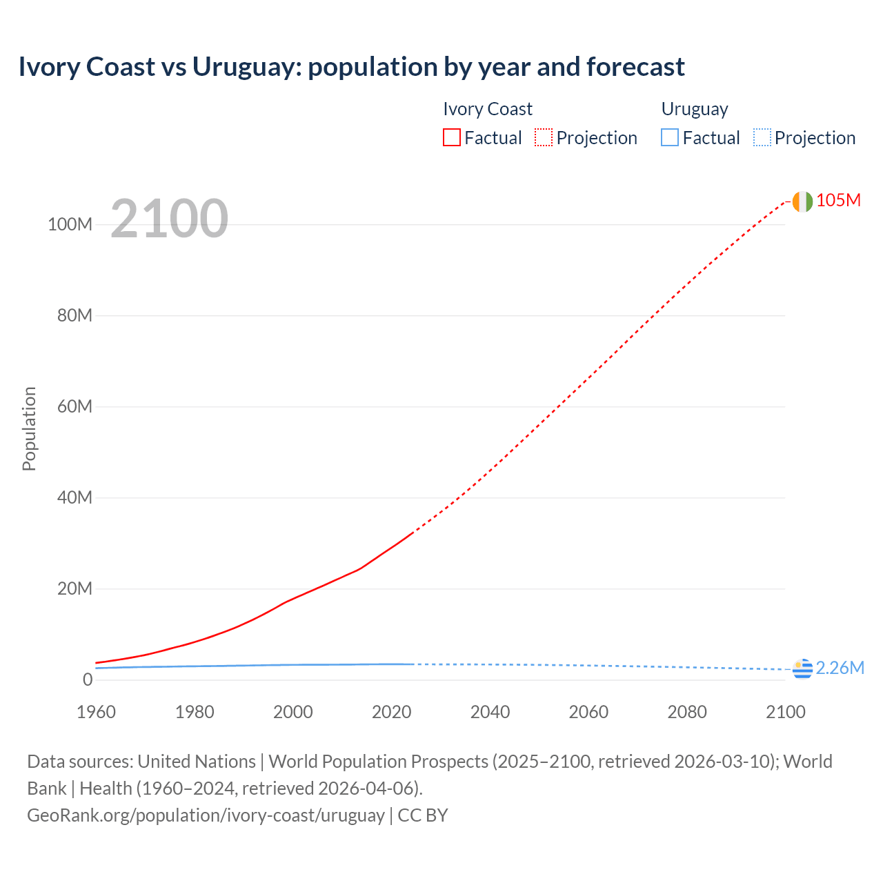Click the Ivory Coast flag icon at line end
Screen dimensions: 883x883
(802, 201)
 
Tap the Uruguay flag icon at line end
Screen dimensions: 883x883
(802, 668)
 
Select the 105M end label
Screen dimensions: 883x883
(838, 200)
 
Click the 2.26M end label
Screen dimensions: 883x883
(840, 668)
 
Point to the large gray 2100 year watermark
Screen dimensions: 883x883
(169, 219)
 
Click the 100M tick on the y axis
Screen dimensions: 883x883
(70, 224)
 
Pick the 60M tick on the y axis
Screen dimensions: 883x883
(75, 406)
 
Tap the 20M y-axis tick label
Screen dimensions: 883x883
(75, 588)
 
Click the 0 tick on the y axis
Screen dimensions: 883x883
(87, 679)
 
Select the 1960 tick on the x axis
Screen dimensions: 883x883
(96, 712)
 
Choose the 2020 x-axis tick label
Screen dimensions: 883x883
(391, 712)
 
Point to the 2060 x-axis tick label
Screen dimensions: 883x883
(588, 712)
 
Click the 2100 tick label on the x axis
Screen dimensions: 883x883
(785, 712)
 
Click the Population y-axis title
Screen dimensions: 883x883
(29, 428)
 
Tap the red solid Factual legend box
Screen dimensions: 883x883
(452, 138)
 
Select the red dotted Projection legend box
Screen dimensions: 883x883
(544, 138)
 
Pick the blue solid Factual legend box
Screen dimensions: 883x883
(670, 138)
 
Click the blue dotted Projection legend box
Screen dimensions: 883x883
(762, 138)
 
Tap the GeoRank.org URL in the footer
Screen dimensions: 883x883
(206, 815)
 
